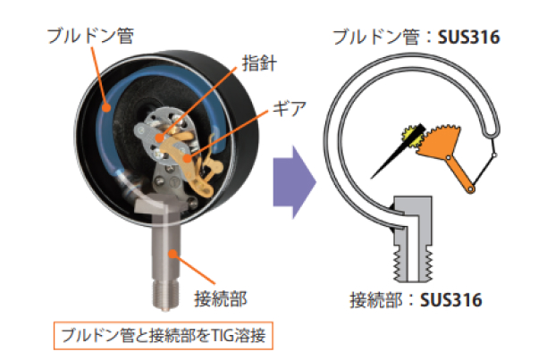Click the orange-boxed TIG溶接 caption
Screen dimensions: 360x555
click(165, 338)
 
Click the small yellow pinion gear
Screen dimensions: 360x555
click(413, 137)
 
